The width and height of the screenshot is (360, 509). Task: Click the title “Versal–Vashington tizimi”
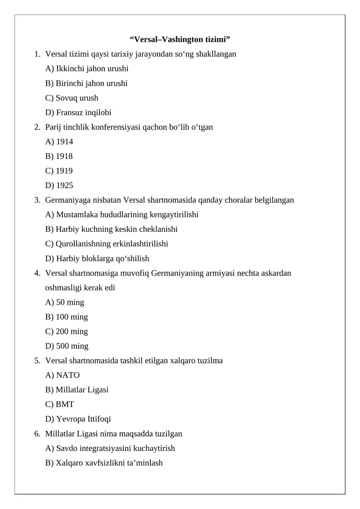(180, 39)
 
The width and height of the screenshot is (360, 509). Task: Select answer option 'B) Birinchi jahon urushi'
(86, 83)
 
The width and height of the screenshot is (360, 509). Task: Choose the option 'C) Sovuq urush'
(72, 98)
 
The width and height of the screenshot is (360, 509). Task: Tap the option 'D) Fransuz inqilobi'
(78, 113)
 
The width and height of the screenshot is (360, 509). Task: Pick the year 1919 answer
(59, 171)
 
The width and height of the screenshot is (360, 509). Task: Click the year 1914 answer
(59, 142)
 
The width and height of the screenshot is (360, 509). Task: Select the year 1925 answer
(59, 185)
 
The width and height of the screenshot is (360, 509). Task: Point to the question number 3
(36, 200)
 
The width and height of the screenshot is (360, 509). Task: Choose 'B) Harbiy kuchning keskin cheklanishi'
(111, 229)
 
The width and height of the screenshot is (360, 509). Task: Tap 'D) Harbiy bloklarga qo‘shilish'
(97, 258)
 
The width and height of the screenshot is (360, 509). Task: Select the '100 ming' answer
(67, 317)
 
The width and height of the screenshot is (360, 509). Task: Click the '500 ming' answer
(67, 346)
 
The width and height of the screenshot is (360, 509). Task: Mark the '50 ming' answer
(65, 302)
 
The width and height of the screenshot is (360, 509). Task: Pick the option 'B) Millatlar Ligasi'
(77, 390)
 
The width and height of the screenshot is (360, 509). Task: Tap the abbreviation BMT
(65, 405)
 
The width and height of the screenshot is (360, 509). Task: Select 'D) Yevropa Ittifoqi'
(78, 419)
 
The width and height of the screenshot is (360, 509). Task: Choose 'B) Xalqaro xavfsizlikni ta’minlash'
(104, 463)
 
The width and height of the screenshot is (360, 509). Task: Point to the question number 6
(36, 434)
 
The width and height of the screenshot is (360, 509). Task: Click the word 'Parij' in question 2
(54, 127)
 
